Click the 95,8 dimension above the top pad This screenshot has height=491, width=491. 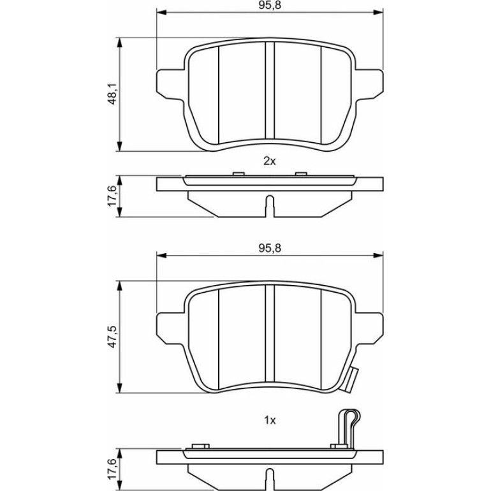[x=270, y=6]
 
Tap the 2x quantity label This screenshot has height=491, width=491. [x=269, y=161]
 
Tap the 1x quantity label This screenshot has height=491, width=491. [x=270, y=421]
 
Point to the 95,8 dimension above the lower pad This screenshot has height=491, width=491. [x=270, y=248]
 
